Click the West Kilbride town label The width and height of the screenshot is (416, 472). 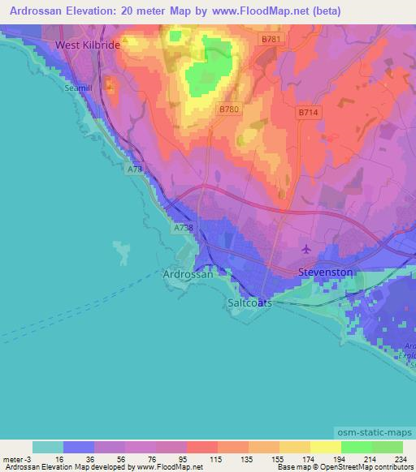pyautogui.click(x=87, y=45)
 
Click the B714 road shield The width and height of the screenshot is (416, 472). pyautogui.click(x=308, y=114)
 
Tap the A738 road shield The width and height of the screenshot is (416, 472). pyautogui.click(x=183, y=230)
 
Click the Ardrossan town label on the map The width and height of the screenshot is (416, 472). pyautogui.click(x=188, y=274)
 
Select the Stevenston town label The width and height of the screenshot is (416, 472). pyautogui.click(x=325, y=272)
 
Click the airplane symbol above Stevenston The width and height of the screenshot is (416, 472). pyautogui.click(x=306, y=248)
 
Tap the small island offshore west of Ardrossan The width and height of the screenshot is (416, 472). pyautogui.click(x=122, y=252)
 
